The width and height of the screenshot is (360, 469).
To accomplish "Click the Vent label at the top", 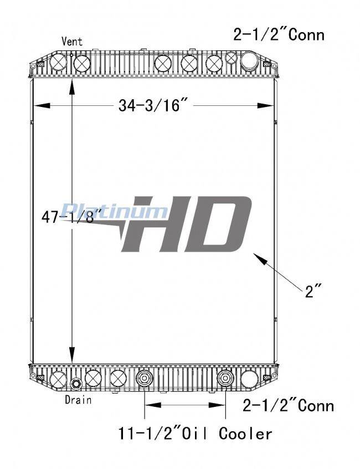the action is click(71, 41).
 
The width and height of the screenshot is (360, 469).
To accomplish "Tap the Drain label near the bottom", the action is click(78, 400).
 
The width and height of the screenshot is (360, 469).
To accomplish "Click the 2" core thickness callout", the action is click(313, 291).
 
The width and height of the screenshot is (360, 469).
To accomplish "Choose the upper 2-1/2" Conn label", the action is click(279, 34).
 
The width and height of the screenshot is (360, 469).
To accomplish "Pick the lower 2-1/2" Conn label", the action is click(288, 406).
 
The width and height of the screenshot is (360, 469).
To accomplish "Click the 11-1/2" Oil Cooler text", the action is click(196, 434).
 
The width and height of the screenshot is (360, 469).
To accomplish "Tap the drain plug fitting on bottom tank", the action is click(75, 384).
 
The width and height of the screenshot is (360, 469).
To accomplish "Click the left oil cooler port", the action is click(145, 379).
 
